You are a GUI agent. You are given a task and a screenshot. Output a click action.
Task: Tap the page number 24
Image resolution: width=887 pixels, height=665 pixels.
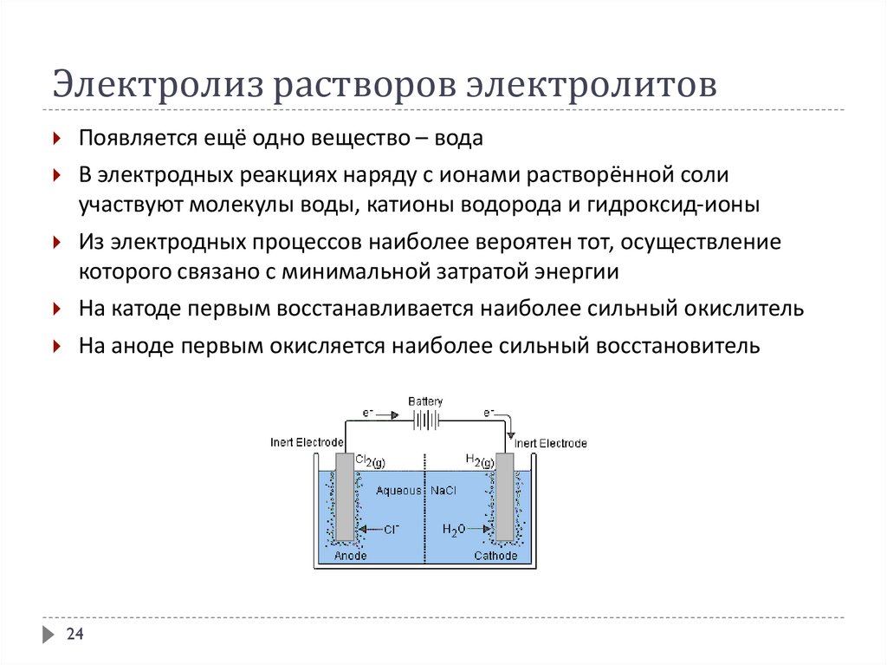coord(74,636)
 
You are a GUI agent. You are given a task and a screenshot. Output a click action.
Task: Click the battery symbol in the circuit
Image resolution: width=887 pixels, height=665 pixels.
coord(425,419)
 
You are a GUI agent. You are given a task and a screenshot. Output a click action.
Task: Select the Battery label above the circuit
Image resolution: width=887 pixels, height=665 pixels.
coord(425,401)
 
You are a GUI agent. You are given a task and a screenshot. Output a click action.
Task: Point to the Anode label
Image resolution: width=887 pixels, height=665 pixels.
coord(350,555)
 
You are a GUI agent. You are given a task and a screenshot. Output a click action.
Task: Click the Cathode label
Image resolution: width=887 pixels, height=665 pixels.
coord(495,555)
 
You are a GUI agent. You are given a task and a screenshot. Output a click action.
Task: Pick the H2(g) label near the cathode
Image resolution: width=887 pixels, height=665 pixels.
coord(480,461)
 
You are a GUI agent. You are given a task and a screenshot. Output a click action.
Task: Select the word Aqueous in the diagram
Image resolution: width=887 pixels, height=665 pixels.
coord(398,491)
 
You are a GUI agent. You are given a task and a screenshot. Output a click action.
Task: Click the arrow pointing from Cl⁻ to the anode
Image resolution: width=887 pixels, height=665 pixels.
coord(367,528)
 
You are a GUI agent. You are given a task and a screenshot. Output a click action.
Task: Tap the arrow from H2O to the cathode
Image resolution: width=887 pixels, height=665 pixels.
coord(480,528)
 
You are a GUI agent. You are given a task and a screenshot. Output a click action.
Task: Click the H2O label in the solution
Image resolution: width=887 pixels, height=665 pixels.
coord(454,529)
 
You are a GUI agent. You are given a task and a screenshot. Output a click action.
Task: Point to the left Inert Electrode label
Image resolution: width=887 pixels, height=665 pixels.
coord(308,442)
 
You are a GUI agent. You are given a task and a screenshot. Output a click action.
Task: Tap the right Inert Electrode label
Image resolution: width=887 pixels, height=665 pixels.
coord(551,443)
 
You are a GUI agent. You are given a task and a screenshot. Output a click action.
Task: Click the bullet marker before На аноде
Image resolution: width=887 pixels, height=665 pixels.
coord(56,346)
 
